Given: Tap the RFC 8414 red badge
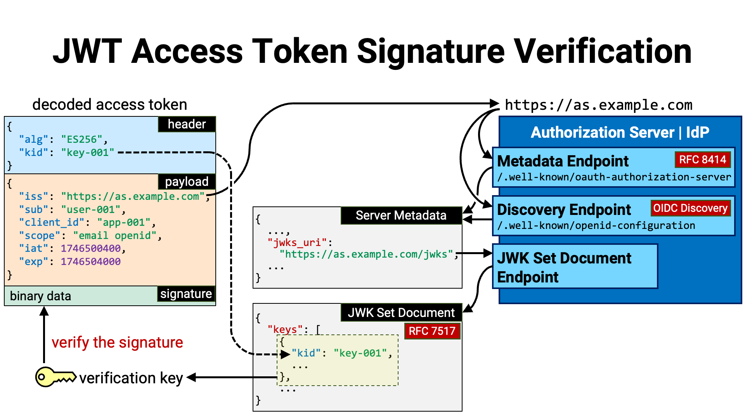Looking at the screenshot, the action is point(702,159).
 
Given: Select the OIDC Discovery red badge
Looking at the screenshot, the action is point(690,208).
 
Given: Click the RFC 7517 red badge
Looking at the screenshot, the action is point(432,331).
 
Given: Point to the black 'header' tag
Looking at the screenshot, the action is point(187,124).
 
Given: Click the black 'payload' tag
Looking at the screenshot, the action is point(187,182).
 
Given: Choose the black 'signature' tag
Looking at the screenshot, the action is point(186,294).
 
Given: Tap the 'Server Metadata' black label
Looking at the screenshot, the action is point(401,215).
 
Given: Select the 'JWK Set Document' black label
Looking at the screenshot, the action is point(401,313).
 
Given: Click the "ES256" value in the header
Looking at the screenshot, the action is point(82,139).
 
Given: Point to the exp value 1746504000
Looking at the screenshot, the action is point(91,261).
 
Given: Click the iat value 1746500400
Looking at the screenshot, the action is point(91,248).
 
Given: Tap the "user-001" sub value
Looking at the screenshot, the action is point(91,209).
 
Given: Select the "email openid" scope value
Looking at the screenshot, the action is point(115,235).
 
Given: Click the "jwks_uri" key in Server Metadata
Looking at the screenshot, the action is point(297,243).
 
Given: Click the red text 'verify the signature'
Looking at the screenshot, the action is point(117,343).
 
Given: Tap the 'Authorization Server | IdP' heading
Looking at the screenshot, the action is point(620,132).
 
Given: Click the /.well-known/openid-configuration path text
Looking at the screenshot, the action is point(596,225).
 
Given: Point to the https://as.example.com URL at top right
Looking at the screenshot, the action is point(599,105).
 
